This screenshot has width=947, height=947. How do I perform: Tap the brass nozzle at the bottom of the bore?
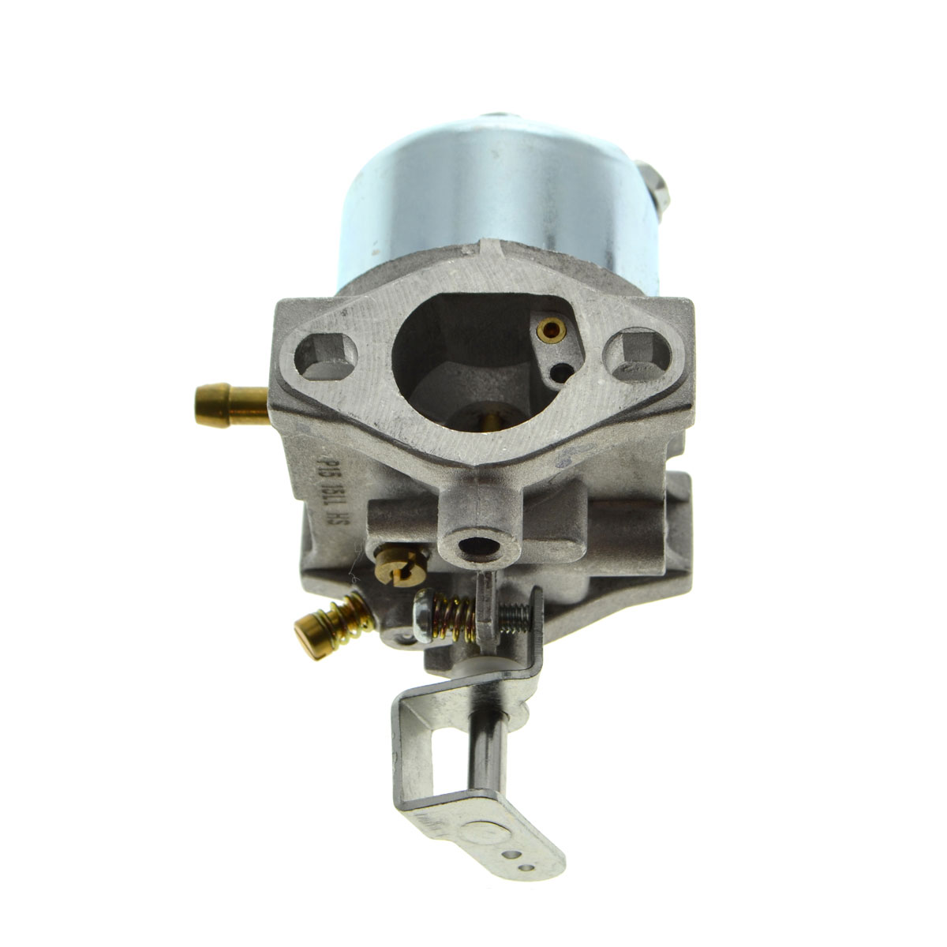pyautogui.click(x=479, y=423)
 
